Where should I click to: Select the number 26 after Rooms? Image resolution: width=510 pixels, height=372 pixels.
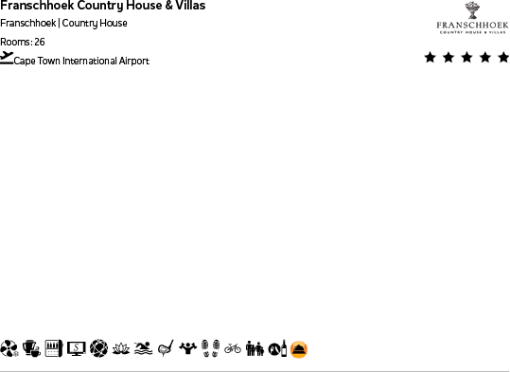39,42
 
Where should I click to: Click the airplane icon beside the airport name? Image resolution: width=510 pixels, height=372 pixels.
7,58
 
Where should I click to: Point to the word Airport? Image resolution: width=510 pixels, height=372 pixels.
134,62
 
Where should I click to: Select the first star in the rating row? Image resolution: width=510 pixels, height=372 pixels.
431,58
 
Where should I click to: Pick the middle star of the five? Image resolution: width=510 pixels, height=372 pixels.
466,58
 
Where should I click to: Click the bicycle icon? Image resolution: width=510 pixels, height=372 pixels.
233,349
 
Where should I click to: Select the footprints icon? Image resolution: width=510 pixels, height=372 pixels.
211,349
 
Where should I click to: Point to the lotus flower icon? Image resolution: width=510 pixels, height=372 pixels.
120,349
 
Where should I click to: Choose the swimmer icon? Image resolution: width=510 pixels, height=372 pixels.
143,349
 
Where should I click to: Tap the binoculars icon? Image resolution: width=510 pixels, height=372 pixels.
255,349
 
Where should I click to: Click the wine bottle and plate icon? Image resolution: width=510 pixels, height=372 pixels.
276,349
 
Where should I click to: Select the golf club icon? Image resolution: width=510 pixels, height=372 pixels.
166,349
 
